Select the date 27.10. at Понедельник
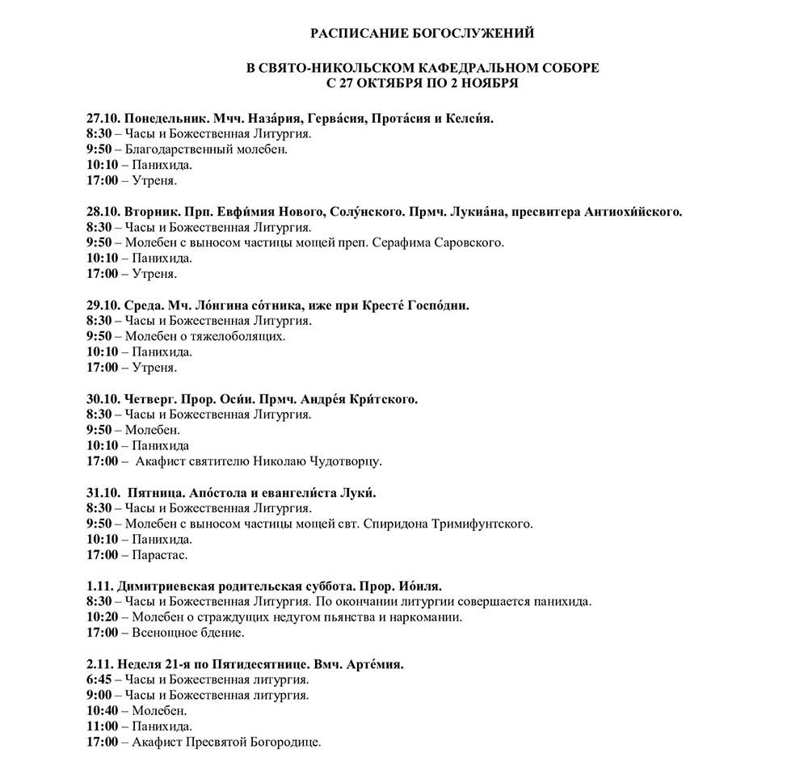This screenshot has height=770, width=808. (103, 118)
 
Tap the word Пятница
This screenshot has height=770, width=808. (158, 493)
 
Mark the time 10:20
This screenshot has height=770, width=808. (101, 617)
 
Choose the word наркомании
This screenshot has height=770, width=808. (429, 617)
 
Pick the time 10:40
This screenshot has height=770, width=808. (101, 711)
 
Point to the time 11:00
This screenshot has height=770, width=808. (101, 726)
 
